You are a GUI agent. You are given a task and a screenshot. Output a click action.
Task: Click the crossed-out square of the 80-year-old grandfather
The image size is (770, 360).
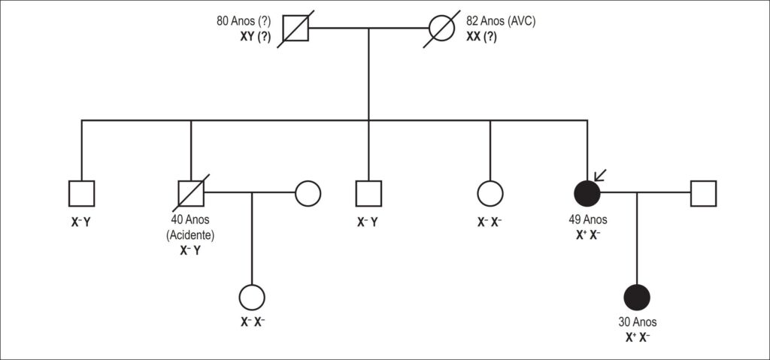coord(296,28)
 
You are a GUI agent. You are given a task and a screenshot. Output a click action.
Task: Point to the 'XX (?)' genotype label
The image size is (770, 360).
coord(481,36)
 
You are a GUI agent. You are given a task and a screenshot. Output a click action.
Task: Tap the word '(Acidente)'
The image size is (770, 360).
coord(190,235)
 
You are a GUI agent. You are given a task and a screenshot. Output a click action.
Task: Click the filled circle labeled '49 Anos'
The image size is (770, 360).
coord(587,193)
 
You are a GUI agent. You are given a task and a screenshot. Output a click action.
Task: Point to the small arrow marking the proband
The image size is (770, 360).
coord(600,175)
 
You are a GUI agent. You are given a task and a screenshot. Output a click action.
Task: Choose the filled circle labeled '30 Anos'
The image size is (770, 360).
coord(637,298)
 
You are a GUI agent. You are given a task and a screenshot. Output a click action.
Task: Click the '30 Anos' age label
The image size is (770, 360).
coord(637,322)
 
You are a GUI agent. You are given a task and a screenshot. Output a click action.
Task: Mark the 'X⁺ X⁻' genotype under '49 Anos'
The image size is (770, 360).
coord(588,234)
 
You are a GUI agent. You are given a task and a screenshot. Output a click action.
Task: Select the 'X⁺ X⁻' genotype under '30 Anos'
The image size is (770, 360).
coord(637,337)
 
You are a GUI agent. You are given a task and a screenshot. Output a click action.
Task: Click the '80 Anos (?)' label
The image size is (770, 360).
coord(244,22)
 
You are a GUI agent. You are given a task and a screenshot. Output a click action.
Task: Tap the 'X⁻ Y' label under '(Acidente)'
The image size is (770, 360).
coord(190,250)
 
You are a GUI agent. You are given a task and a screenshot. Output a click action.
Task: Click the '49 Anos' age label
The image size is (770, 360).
coord(588,219)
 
